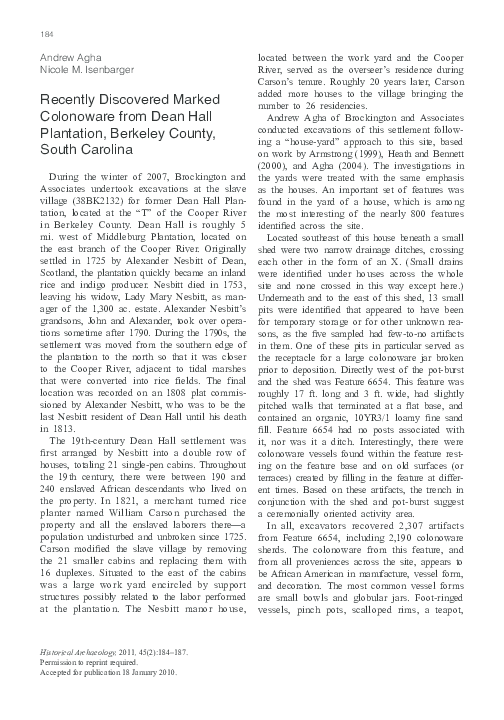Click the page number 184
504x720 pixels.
click(x=46, y=35)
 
